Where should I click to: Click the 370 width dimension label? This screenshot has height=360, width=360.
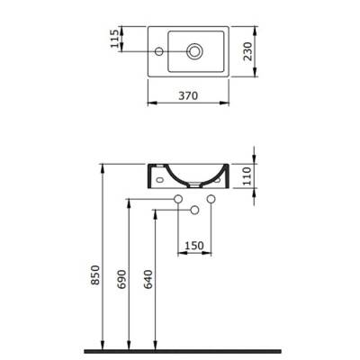(x=188, y=94)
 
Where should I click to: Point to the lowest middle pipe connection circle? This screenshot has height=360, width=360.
(x=193, y=210)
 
